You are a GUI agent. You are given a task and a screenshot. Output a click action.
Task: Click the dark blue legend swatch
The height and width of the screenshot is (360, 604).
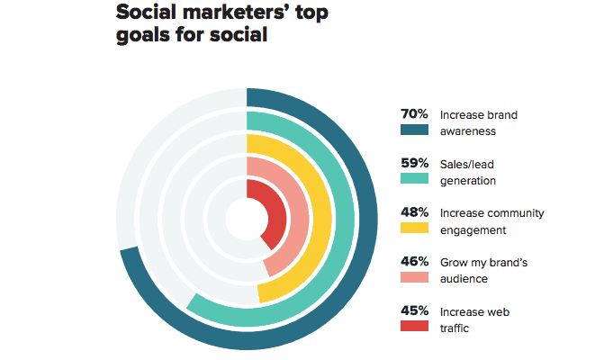[x=413, y=131]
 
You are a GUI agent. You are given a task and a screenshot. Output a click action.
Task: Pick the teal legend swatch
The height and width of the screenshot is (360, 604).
[x=413, y=180]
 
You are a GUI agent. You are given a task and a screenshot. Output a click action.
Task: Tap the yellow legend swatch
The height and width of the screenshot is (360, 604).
[x=413, y=229]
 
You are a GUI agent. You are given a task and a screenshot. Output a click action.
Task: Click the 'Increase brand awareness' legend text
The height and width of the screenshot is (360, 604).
[x=478, y=122]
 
